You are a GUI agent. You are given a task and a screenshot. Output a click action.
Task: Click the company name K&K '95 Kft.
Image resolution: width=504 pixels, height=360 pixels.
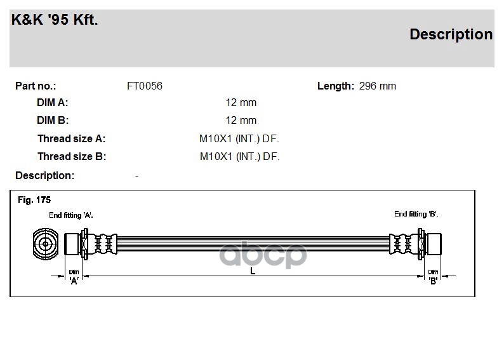[55, 20]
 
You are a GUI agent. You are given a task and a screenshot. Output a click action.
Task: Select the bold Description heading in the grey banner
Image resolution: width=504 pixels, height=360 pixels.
[451, 34]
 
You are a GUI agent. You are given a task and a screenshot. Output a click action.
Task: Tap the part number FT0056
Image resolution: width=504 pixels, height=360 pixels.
[145, 86]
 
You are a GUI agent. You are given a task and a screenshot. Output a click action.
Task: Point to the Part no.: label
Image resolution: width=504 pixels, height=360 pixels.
[36, 86]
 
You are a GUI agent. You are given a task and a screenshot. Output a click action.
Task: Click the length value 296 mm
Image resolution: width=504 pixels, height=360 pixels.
[377, 86]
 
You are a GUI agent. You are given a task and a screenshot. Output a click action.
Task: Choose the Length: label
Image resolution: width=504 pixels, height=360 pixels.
[336, 86]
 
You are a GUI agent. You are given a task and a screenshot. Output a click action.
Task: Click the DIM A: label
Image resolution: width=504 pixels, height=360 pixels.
[53, 102]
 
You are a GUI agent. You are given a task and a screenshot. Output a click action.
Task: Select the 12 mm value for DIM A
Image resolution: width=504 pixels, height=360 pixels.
[241, 102]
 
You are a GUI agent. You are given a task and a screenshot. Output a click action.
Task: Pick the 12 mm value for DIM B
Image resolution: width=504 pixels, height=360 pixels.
[241, 120]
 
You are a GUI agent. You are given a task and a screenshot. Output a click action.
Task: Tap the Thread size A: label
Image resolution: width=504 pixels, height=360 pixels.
[71, 138]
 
